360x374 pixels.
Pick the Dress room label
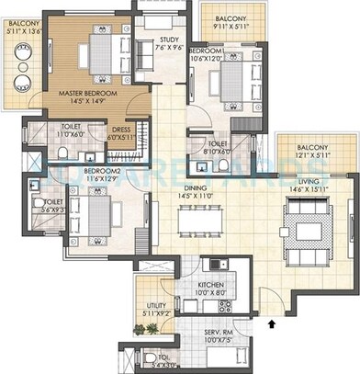[122, 130]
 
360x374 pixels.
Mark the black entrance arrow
[271, 323]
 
